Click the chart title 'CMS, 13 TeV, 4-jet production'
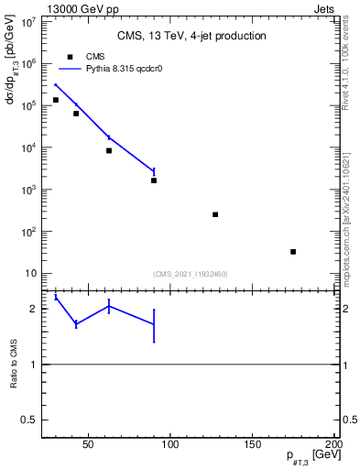tap(191, 37)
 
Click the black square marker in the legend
tap(70, 57)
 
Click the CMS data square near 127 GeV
tap(215, 214)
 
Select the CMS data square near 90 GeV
tap(154, 180)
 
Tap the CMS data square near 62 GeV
tap(109, 150)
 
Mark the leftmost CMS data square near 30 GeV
tap(56, 100)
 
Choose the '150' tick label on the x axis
tap(252, 447)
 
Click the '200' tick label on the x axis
tap(333, 447)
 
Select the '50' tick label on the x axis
tap(89, 447)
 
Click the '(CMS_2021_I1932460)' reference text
tap(191, 274)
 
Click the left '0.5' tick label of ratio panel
tap(28, 420)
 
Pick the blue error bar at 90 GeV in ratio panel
tap(154, 325)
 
